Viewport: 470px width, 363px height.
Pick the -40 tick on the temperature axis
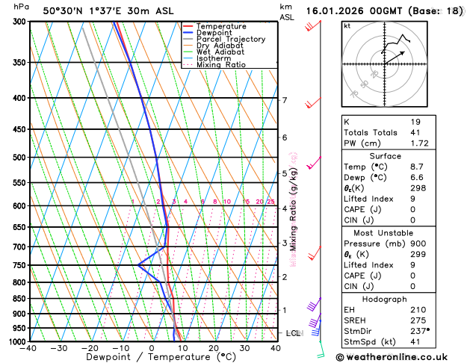29,348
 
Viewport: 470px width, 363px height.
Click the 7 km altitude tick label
284,100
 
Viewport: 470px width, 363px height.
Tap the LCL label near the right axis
293,332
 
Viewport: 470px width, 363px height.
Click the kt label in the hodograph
347,25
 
